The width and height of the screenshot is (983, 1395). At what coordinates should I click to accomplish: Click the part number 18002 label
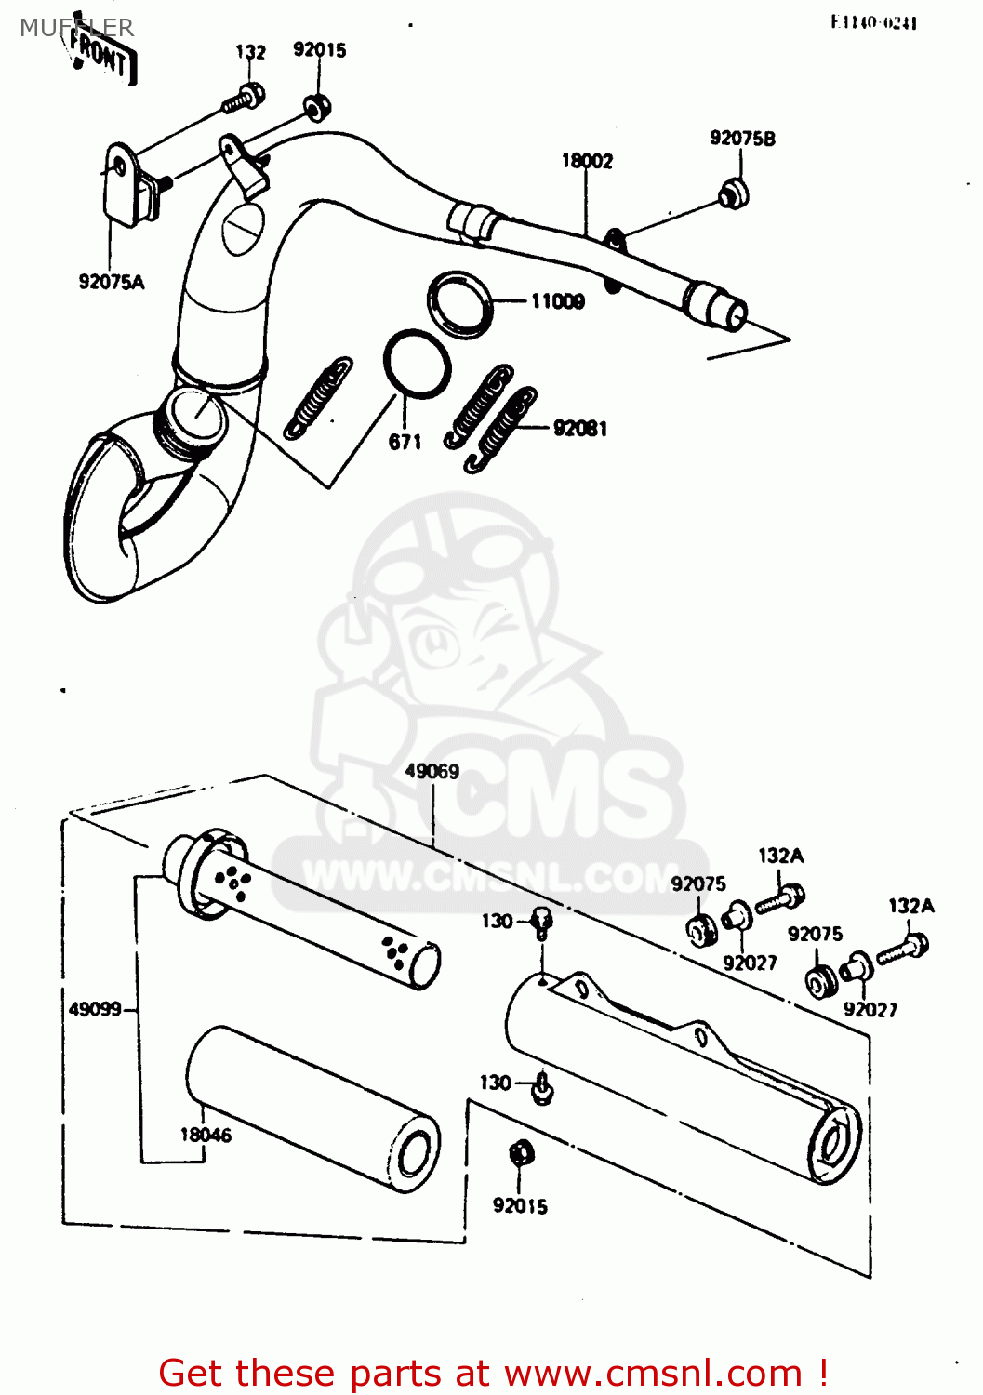click(x=587, y=161)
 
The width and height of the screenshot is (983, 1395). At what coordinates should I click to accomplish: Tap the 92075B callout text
click(x=742, y=139)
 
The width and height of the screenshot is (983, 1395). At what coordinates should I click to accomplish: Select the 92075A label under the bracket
click(x=112, y=282)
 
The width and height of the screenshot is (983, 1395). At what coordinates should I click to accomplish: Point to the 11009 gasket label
click(x=557, y=301)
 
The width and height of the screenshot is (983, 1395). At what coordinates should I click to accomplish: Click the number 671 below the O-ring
click(x=405, y=442)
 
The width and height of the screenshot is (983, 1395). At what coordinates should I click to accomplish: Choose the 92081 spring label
click(x=579, y=429)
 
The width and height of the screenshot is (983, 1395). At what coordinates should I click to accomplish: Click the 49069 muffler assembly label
click(x=432, y=771)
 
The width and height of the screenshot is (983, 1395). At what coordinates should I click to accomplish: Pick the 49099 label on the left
click(x=95, y=1009)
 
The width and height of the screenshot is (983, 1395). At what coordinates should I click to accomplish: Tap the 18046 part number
click(x=206, y=1135)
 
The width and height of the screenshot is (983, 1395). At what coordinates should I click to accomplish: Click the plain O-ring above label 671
click(x=418, y=364)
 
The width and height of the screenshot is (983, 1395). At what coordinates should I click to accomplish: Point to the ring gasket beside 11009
click(x=459, y=303)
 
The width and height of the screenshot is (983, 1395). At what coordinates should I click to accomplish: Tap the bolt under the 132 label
click(x=245, y=97)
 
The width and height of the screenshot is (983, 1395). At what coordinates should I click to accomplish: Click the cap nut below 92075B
click(x=735, y=193)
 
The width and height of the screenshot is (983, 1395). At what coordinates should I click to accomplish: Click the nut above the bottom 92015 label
click(x=522, y=1154)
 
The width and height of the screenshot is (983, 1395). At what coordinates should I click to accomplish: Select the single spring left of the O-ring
click(x=318, y=396)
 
